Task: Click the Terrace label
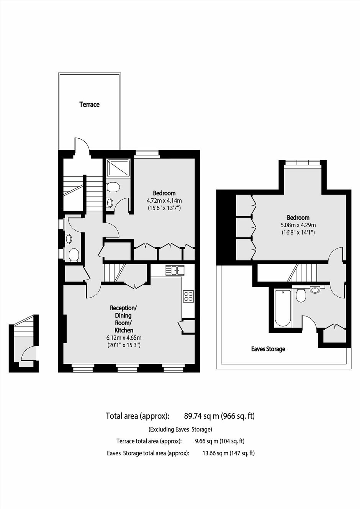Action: point(90,105)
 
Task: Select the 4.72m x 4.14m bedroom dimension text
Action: point(164,201)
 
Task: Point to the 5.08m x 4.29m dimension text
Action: point(298,225)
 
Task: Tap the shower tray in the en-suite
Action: point(119,168)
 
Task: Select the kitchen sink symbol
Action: point(175,270)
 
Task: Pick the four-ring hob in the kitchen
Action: point(189,296)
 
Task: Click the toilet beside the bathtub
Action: point(301,295)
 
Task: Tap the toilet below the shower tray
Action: point(113,187)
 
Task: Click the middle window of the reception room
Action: point(128,368)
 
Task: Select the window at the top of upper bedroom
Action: point(303,162)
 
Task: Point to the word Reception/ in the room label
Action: point(124,308)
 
